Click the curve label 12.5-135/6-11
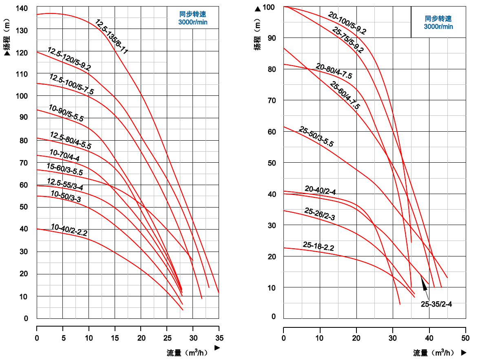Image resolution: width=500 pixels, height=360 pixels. point(112,37)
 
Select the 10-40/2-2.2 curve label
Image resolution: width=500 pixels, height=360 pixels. point(69,230)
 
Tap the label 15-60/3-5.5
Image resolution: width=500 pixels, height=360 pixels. point(64,169)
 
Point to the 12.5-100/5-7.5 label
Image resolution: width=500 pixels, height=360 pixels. point(71,84)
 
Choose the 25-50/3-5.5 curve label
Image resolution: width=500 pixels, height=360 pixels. point(316,137)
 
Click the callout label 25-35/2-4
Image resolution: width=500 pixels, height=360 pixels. point(436,304)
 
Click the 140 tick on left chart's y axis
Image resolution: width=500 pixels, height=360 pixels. point(22,9)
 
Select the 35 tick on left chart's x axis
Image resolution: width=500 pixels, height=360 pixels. point(219,338)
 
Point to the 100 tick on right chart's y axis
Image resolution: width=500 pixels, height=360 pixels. point(270,7)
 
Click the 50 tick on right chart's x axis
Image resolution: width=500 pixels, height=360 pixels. point(465,338)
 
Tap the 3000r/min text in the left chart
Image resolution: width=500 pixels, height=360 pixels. point(192,22)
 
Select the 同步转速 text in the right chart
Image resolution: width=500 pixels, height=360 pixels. point(438,19)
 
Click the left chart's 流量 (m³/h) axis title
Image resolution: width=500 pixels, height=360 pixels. point(189,353)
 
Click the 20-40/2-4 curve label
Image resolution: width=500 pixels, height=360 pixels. point(320,190)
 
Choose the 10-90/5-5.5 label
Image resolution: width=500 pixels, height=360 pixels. point(66,113)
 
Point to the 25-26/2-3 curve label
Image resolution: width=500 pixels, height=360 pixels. point(320,214)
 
